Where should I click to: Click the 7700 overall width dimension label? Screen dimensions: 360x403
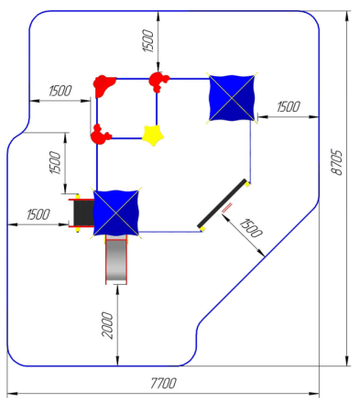click(x=164, y=383)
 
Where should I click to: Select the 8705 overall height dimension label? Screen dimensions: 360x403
click(x=337, y=162)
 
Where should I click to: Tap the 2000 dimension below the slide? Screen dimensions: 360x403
click(x=107, y=325)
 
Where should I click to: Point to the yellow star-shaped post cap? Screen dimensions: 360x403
click(x=153, y=136)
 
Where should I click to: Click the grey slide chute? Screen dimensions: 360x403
click(x=116, y=260)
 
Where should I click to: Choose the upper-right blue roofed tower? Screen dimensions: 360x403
click(x=232, y=98)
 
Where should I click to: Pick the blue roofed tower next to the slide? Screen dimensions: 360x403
click(x=116, y=212)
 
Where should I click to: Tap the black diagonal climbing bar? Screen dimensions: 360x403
click(x=222, y=203)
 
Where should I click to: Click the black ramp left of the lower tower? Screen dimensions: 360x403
click(x=83, y=212)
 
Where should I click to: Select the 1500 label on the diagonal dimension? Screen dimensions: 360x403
click(x=251, y=228)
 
